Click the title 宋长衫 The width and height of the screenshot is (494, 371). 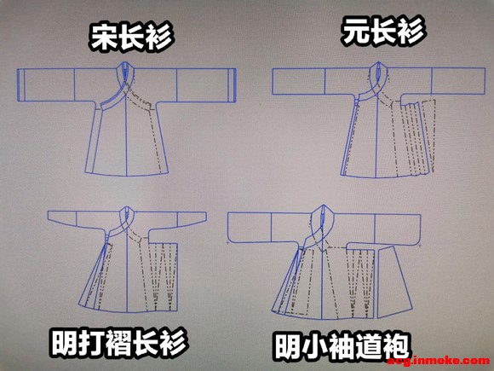pos(131,37)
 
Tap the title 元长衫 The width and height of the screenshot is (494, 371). pos(383,31)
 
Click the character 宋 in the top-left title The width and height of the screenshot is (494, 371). pos(103,38)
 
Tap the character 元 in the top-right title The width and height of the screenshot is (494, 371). pos(355,32)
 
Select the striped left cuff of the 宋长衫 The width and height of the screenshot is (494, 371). pos(20,85)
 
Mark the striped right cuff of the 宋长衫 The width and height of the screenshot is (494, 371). pos(233,85)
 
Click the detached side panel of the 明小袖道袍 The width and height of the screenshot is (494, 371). pos(394,281)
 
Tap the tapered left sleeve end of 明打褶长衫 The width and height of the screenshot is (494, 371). pos(61,217)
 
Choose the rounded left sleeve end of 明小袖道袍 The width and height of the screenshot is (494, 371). pos(249,228)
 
